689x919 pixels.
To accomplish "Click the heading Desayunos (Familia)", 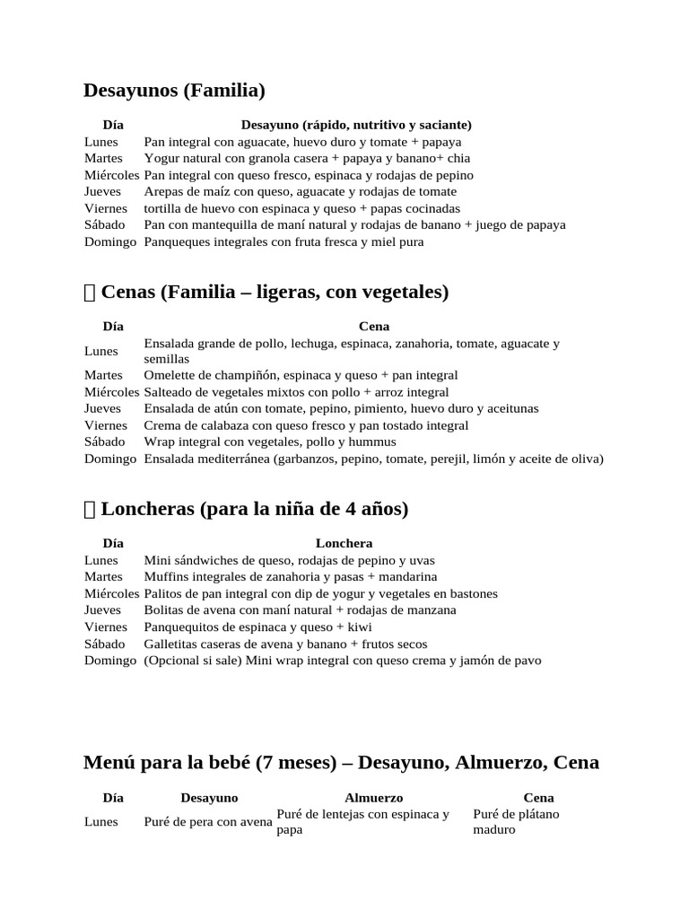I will coord(174,91).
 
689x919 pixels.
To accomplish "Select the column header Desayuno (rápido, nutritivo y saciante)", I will coord(356,125).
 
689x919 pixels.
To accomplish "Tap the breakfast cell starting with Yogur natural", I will coord(307,158).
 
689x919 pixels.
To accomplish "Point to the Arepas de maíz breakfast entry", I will coord(300,191).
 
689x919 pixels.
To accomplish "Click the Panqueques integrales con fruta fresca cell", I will coord(283,241).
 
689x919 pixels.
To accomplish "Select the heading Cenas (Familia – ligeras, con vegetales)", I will coord(275,293).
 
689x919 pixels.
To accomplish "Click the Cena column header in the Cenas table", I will coord(373,327).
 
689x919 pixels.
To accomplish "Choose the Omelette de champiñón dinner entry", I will coord(301,375).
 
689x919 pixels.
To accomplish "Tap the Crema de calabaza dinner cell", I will coord(306,425).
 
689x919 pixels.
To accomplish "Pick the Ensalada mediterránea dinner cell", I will coord(373,459).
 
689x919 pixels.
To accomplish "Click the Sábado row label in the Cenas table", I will coord(105,442).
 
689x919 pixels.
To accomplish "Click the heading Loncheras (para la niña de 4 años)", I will coord(254,510).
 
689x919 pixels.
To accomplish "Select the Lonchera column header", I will coord(344,543).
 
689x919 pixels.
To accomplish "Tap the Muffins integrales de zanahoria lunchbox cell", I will coord(290,576).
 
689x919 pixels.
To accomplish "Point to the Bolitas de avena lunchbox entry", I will coord(300,610).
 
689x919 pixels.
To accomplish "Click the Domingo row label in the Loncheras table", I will coord(110,661).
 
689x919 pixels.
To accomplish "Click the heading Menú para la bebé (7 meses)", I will coord(341,763).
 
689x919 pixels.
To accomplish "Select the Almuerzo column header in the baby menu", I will coord(373,797).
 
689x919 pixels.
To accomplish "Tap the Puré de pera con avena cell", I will coord(208,822).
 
